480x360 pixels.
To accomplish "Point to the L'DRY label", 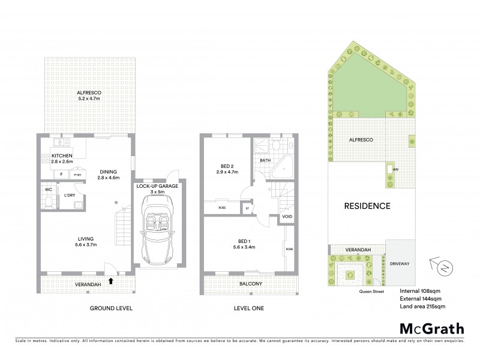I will (x=69, y=196).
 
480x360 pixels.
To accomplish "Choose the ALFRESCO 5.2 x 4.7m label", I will (x=88, y=96).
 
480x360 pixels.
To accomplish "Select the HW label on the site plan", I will (x=395, y=169).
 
